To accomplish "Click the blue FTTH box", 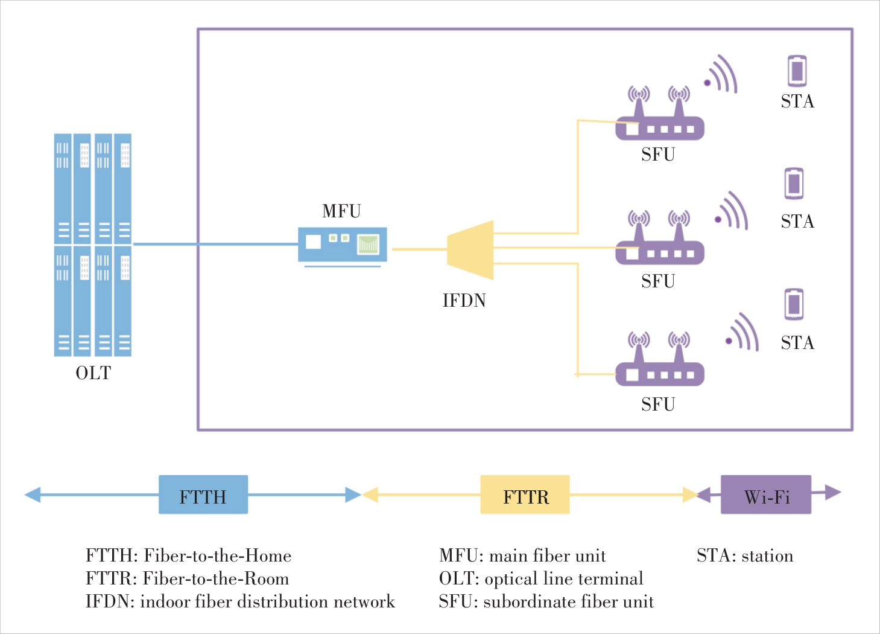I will coord(203,495).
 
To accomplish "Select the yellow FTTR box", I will coord(525,495).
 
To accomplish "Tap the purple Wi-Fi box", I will coord(766,495).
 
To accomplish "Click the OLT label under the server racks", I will coord(93,373).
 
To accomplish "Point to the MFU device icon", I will coord(343,245).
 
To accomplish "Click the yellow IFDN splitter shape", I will coord(470,249).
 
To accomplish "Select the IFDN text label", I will coord(464,300).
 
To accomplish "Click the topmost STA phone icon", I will coord(797,71).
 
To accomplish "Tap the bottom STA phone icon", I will coord(794,304).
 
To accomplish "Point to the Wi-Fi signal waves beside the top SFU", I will coord(722,75).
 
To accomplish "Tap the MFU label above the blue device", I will coord(341,211).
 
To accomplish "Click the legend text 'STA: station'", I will coord(744,556).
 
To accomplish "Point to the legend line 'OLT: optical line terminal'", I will coord(541,578).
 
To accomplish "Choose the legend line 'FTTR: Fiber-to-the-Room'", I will coord(187,578).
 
